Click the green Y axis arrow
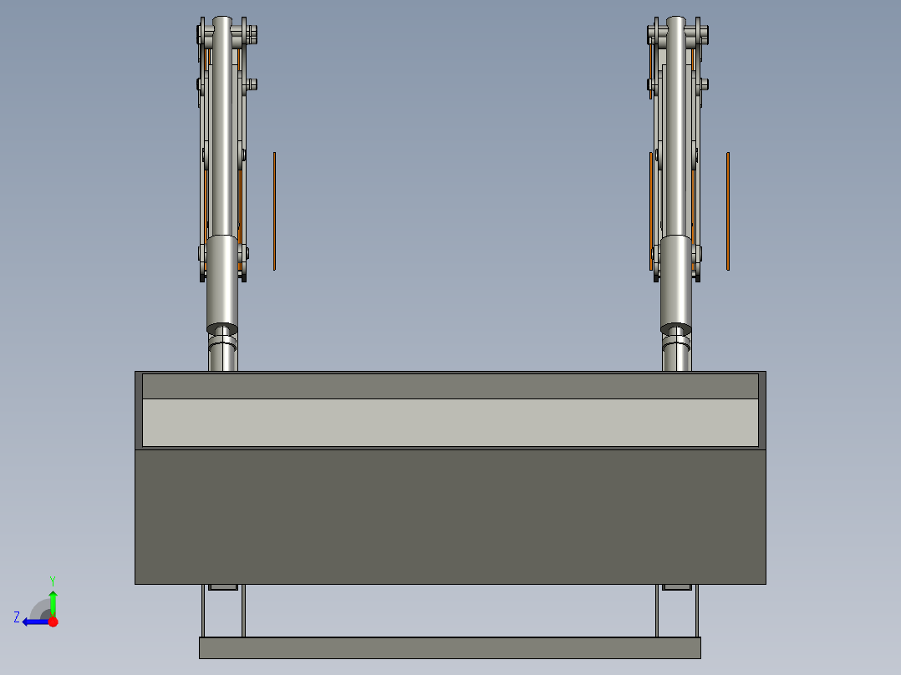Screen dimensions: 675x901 [53, 601]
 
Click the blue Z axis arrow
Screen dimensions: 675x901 [33, 622]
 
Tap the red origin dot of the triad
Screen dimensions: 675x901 [53, 622]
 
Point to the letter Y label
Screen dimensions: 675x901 [52, 580]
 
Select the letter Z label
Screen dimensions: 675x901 [17, 617]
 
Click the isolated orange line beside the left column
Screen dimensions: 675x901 [274, 211]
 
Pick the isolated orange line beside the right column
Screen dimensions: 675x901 [728, 211]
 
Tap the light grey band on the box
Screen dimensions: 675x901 [450, 422]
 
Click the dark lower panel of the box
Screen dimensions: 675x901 [450, 516]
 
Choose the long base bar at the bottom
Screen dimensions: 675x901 [450, 647]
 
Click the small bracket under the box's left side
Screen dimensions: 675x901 [223, 587]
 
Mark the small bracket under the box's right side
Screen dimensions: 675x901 [677, 587]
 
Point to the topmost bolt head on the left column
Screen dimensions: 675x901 [252, 34]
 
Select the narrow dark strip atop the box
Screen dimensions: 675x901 [450, 386]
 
